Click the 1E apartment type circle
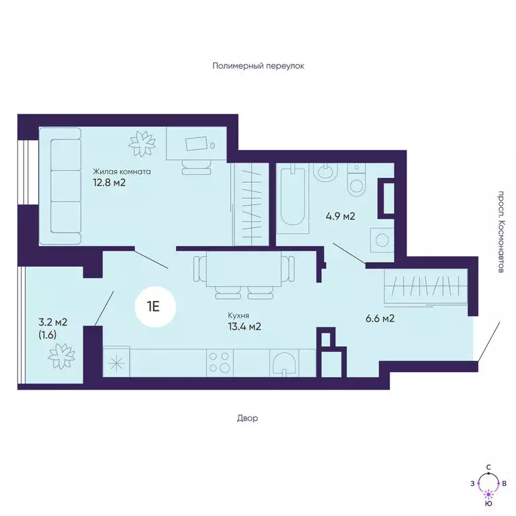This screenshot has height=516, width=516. click(155, 307)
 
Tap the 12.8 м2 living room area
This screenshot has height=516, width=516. click(110, 182)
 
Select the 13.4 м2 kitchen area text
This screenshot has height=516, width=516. click(245, 327)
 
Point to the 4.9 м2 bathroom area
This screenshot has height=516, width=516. click(340, 216)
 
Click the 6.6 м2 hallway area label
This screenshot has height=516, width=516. click(380, 318)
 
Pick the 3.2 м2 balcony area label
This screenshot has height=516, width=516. click(53, 322)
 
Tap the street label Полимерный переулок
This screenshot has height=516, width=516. click(258, 66)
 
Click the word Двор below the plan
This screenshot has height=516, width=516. click(247, 419)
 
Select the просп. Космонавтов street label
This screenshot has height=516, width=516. click(501, 232)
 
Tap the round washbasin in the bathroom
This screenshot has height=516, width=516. click(325, 172)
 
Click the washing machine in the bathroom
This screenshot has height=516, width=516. click(382, 241)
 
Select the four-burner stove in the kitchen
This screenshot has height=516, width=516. click(220, 362)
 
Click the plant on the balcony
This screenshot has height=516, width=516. click(61, 356)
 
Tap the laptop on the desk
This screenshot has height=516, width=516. click(197, 144)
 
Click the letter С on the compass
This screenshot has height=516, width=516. click(488, 468)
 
